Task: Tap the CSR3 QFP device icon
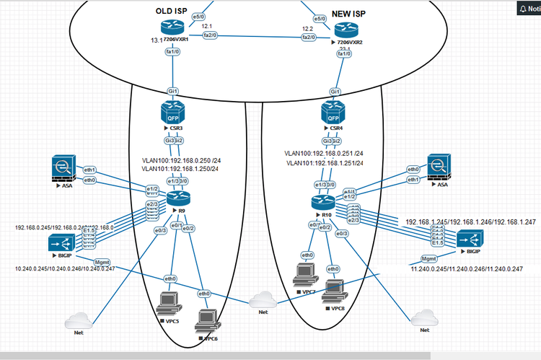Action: pyautogui.click(x=175, y=113)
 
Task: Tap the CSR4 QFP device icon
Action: pyautogui.click(x=334, y=113)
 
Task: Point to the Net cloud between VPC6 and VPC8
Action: pyautogui.click(x=263, y=299)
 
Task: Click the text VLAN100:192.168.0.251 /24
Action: pyautogui.click(x=323, y=153)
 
